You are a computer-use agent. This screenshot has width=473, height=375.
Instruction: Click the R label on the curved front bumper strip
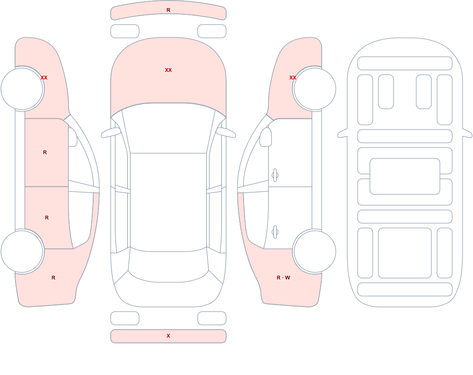tap(168, 10)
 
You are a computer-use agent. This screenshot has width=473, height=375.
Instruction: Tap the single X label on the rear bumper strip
tap(168, 336)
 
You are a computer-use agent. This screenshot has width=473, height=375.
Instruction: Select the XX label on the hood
tap(168, 70)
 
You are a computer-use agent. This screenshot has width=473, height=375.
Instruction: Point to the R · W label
tap(283, 278)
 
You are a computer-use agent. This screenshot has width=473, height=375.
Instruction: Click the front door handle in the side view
tap(275, 175)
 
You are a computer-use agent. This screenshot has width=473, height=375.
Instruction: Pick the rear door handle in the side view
tap(275, 232)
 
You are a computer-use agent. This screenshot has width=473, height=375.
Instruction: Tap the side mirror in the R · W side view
tap(266, 137)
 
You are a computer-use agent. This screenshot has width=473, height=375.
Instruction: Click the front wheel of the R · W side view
tap(315, 89)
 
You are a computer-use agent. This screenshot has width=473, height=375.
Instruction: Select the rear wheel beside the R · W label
tap(315, 252)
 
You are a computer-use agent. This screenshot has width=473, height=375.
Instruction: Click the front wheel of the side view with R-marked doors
tap(22, 89)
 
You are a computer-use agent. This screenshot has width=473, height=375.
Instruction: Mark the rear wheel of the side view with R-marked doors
tap(22, 252)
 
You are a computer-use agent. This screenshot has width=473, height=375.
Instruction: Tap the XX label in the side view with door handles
tap(293, 78)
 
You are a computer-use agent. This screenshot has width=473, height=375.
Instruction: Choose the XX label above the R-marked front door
tap(44, 78)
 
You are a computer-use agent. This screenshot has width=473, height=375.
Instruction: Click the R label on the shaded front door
tap(45, 152)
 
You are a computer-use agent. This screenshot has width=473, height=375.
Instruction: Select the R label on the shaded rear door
tap(47, 218)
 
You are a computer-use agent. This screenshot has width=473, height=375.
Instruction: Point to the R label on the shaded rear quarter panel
tap(53, 278)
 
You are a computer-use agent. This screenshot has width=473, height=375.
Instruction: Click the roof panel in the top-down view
tap(168, 201)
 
